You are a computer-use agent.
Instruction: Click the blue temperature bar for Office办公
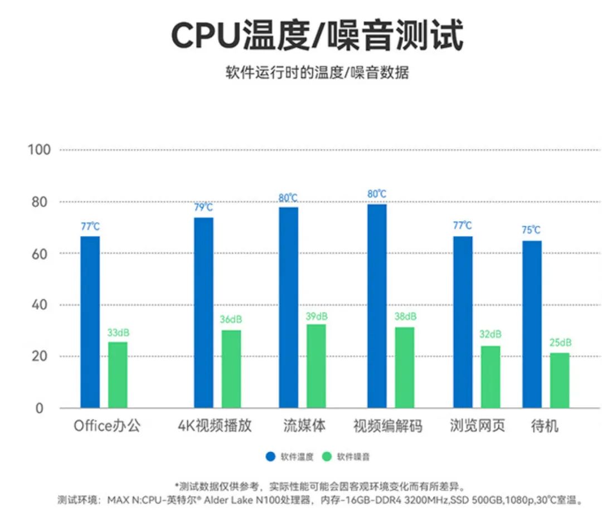(x=90, y=322)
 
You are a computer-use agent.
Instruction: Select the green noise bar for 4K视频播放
(x=231, y=369)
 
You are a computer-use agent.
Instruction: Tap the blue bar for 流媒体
(x=289, y=307)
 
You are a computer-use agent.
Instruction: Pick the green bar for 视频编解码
(x=405, y=368)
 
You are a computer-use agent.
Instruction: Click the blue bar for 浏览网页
(x=463, y=322)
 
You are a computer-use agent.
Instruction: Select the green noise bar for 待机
(x=560, y=380)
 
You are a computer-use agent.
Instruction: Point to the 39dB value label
(x=317, y=316)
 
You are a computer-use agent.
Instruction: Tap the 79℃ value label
(x=203, y=207)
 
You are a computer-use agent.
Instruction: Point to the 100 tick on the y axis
(x=39, y=150)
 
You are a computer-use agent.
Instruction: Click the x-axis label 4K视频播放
(x=215, y=426)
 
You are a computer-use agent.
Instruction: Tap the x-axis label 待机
(x=545, y=427)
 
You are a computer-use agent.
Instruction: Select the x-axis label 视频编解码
(x=388, y=427)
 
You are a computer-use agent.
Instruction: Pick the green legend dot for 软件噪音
(x=327, y=457)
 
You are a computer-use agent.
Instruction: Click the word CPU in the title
(x=204, y=36)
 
